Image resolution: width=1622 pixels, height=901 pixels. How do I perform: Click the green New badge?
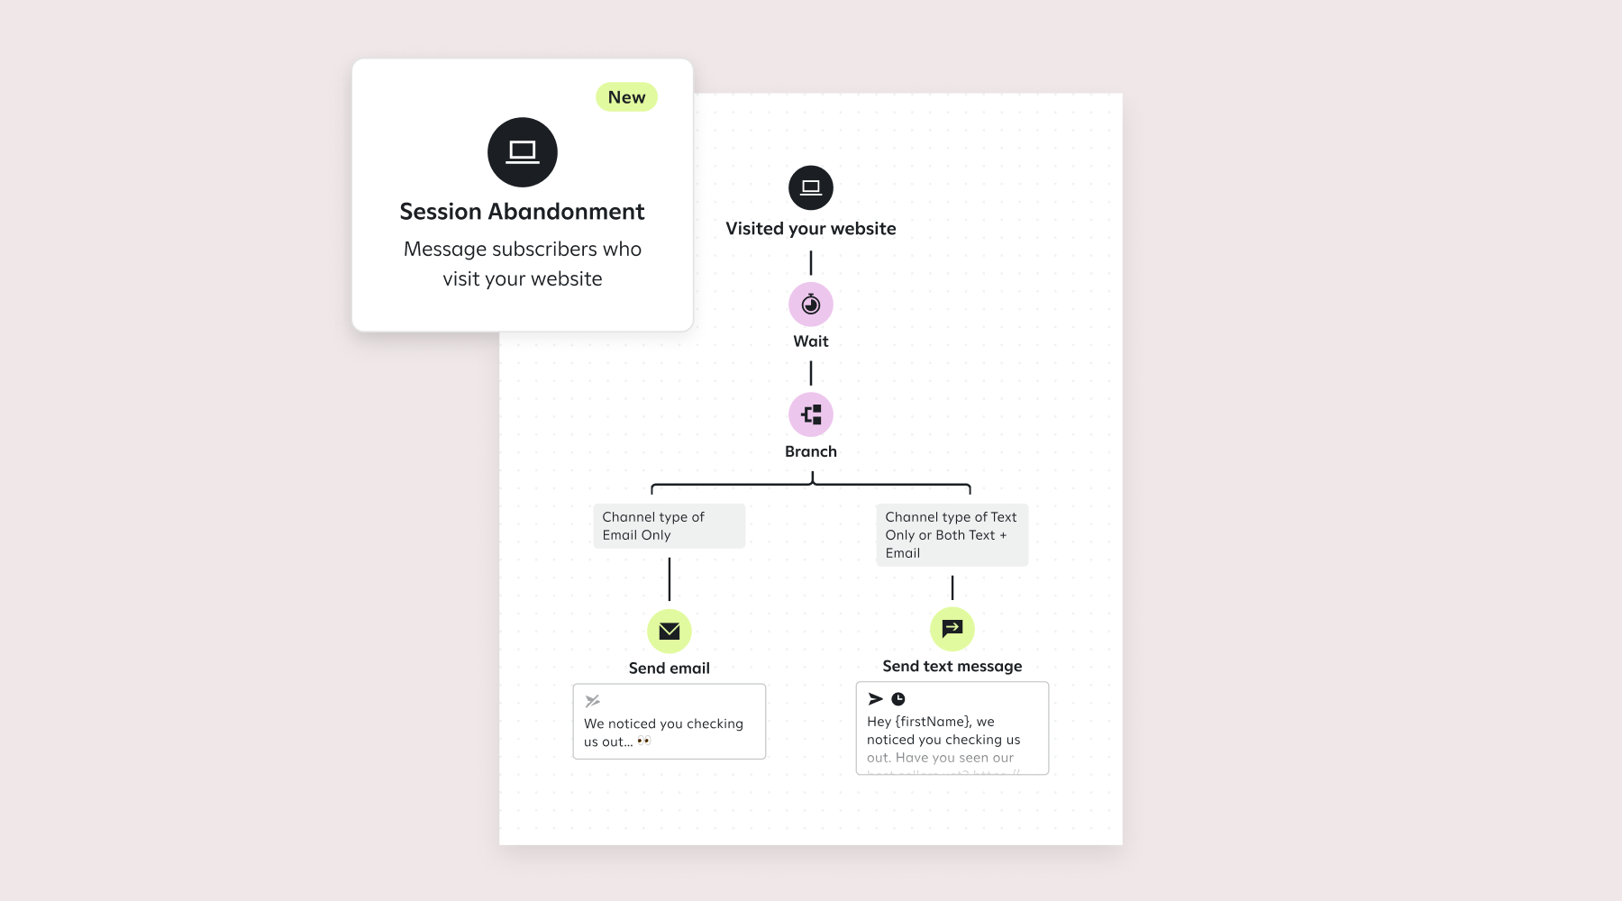click(626, 97)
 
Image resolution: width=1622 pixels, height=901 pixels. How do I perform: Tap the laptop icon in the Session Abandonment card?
click(523, 152)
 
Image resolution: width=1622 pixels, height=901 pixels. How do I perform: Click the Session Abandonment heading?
click(522, 212)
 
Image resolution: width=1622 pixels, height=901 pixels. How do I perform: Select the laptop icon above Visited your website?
click(811, 187)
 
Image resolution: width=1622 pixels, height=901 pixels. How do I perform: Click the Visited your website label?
click(811, 229)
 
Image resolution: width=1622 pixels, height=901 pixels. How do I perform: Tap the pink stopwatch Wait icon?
click(811, 305)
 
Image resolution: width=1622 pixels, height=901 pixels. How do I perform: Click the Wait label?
click(811, 341)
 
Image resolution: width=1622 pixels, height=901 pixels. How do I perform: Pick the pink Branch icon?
click(811, 414)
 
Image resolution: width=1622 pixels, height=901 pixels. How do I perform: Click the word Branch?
click(811, 451)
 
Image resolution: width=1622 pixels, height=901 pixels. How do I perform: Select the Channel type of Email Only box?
click(669, 526)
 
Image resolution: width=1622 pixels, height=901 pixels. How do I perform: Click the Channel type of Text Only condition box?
click(952, 535)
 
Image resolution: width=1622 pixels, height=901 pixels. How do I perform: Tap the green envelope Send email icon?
click(670, 631)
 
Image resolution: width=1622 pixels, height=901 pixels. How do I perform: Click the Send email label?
click(670, 669)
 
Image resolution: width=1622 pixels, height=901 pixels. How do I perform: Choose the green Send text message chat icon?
click(952, 629)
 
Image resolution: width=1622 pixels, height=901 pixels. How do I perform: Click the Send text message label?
click(952, 667)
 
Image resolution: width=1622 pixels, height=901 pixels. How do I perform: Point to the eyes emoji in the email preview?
click(644, 742)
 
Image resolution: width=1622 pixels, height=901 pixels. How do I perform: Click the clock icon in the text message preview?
click(898, 699)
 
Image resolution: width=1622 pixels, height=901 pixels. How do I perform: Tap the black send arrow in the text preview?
click(875, 699)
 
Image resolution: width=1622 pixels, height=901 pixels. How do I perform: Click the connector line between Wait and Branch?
click(811, 373)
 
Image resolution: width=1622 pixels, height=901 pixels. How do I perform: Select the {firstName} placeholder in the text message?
click(933, 722)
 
